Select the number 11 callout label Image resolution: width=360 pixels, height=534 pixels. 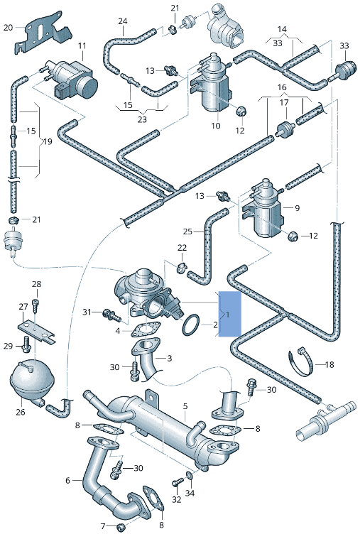pos(82,46)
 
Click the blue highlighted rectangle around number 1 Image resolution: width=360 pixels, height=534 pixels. pos(230,313)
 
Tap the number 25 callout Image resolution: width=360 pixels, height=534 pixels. pos(187,231)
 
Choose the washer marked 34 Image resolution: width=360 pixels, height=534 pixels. pos(188,475)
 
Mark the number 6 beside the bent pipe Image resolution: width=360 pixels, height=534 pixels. pos(68,481)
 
